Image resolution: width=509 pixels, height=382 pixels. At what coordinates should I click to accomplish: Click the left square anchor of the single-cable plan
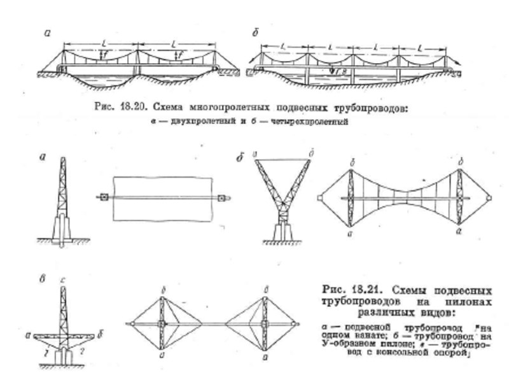[102, 197]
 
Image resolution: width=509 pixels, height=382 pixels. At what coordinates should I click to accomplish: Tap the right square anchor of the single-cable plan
[220, 197]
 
